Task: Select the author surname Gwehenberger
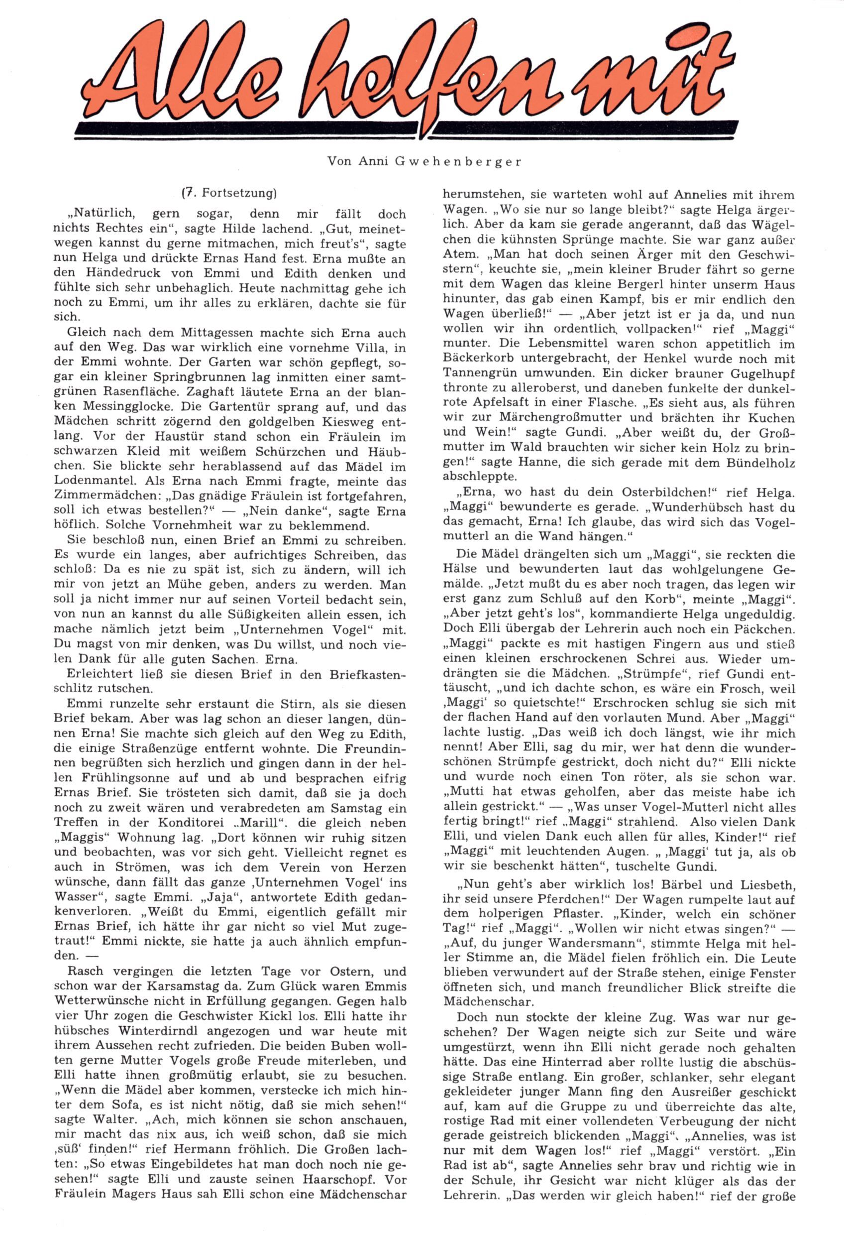coord(458,162)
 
